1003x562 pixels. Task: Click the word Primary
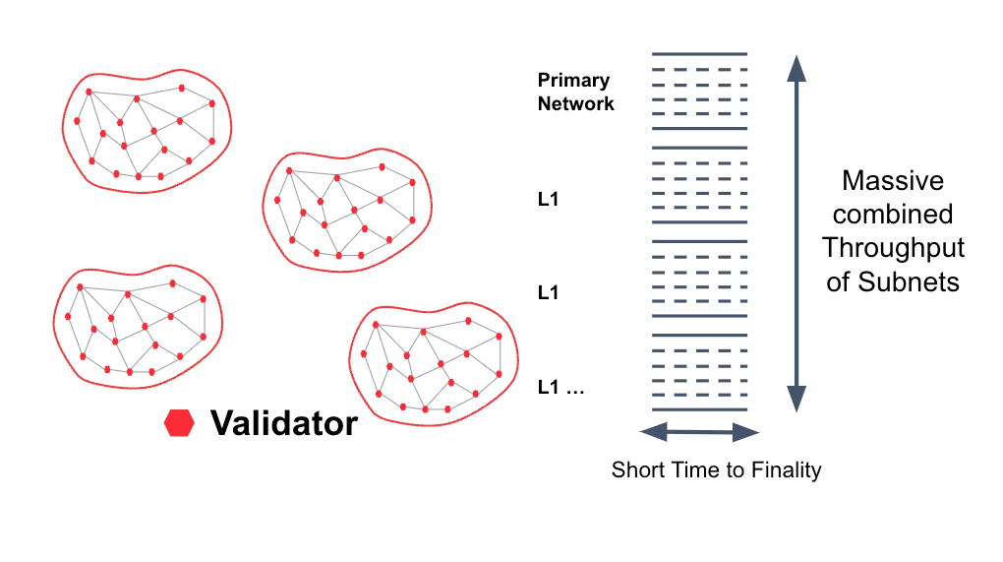[573, 81]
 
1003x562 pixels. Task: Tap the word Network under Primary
[575, 103]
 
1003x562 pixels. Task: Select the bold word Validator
[284, 424]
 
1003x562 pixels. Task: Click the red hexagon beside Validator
[179, 424]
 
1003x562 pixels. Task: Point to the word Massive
[893, 181]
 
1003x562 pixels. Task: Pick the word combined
[893, 215]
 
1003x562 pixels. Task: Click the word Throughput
[893, 248]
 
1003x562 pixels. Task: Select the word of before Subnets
[839, 281]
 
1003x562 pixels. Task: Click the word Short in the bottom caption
[635, 469]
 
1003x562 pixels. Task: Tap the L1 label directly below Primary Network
[548, 200]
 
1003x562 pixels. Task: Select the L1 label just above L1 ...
[548, 292]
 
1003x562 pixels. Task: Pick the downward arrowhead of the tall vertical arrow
[796, 400]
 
